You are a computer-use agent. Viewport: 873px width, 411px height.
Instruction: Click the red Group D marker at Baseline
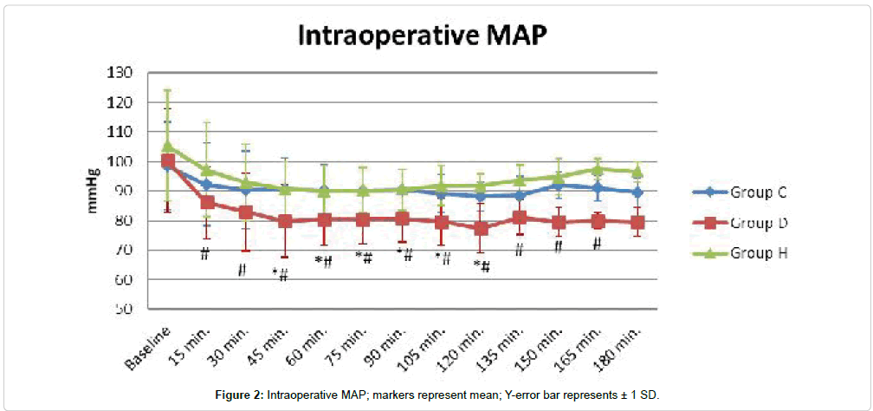168,161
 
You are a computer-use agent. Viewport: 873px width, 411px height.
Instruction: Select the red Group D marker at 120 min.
482,229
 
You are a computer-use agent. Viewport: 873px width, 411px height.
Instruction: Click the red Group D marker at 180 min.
637,223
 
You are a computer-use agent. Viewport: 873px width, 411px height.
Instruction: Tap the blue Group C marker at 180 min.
637,192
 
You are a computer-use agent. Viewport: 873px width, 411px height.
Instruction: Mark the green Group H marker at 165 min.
598,169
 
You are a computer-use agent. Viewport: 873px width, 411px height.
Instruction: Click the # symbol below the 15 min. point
205,253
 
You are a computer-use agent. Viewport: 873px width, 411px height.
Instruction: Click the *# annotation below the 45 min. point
280,274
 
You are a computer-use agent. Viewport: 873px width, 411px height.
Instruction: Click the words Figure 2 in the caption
241,395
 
